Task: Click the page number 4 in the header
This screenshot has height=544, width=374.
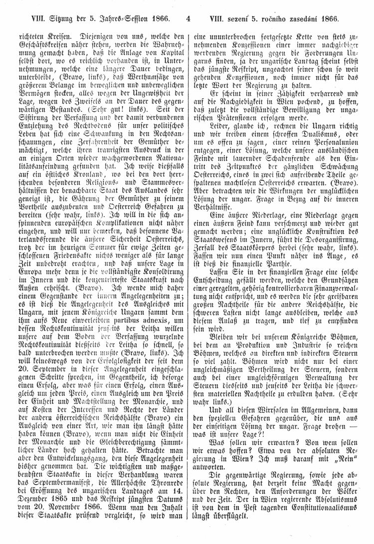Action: click(x=187, y=20)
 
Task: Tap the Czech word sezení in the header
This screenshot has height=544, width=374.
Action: click(x=238, y=20)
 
